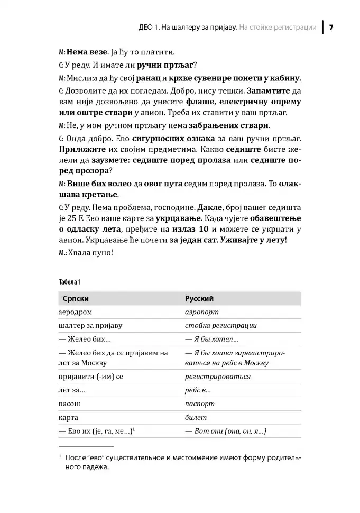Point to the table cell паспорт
200,404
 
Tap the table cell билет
196,417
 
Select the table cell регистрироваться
218,377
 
